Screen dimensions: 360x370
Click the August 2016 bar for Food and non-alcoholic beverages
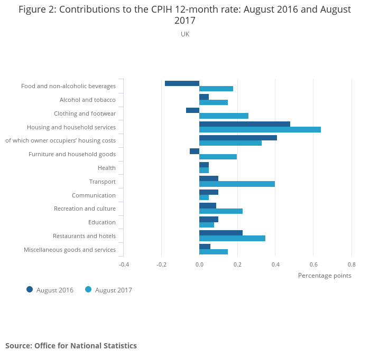tap(182, 83)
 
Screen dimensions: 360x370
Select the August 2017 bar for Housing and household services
tap(260, 129)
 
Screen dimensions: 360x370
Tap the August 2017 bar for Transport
tap(237, 184)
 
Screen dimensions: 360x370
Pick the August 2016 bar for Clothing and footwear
tap(192, 110)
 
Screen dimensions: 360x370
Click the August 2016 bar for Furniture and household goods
tap(195, 151)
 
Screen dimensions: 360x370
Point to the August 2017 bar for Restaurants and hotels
tap(232, 239)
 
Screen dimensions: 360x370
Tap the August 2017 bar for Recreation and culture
tap(220, 211)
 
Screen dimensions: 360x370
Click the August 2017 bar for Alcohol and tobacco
tap(213, 102)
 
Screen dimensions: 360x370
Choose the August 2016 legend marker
tap(30, 289)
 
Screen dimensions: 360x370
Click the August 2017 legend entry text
tap(113, 290)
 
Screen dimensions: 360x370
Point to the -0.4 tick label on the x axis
tap(123, 264)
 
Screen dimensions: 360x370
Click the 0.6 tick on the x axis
tap(313, 264)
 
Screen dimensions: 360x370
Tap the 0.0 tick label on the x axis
tap(199, 264)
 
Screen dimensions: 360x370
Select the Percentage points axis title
tap(324, 275)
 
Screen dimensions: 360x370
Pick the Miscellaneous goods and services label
tap(70, 250)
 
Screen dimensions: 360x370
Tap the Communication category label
tap(94, 195)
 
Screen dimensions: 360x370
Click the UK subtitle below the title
tap(185, 34)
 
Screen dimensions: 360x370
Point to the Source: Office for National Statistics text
tap(71, 346)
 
